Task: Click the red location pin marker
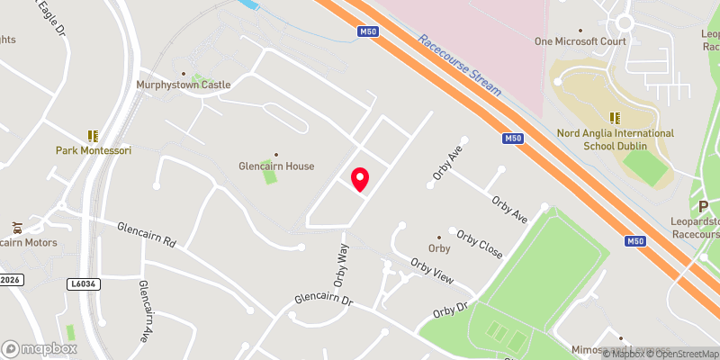tap(360, 179)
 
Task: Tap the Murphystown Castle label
tap(184, 85)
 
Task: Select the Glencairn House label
tap(276, 166)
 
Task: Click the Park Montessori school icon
tap(93, 136)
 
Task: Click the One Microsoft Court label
tap(580, 41)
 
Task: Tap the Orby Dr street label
tap(451, 310)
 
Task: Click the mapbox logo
tap(40, 348)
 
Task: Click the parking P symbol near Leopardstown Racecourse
tap(703, 206)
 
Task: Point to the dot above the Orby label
tap(439, 238)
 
